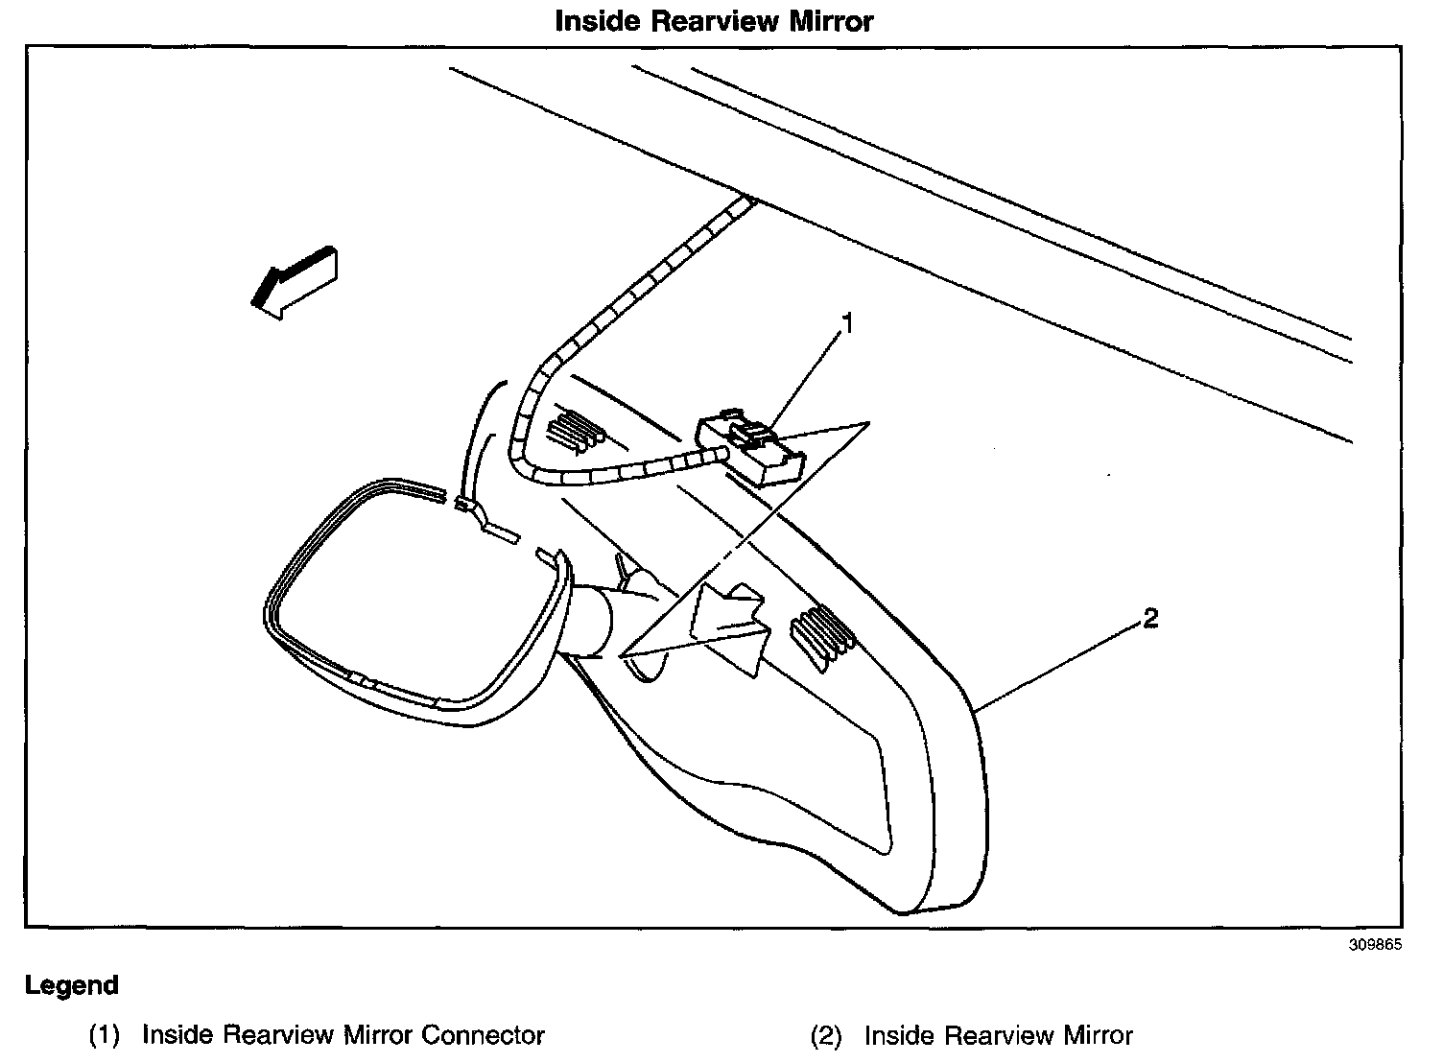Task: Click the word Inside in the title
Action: (598, 21)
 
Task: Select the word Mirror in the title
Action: (831, 21)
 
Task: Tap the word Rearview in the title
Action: (715, 21)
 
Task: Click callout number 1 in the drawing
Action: (848, 324)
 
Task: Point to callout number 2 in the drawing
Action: (1149, 619)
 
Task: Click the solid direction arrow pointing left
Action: (295, 282)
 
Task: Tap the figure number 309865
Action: (1375, 944)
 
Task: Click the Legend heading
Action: (72, 985)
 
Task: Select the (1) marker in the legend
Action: (104, 1035)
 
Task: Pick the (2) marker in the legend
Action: (826, 1035)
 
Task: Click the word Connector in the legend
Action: (483, 1035)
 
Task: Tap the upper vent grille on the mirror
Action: (575, 431)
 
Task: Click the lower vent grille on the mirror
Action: (822, 638)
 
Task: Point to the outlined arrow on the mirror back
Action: (731, 629)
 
